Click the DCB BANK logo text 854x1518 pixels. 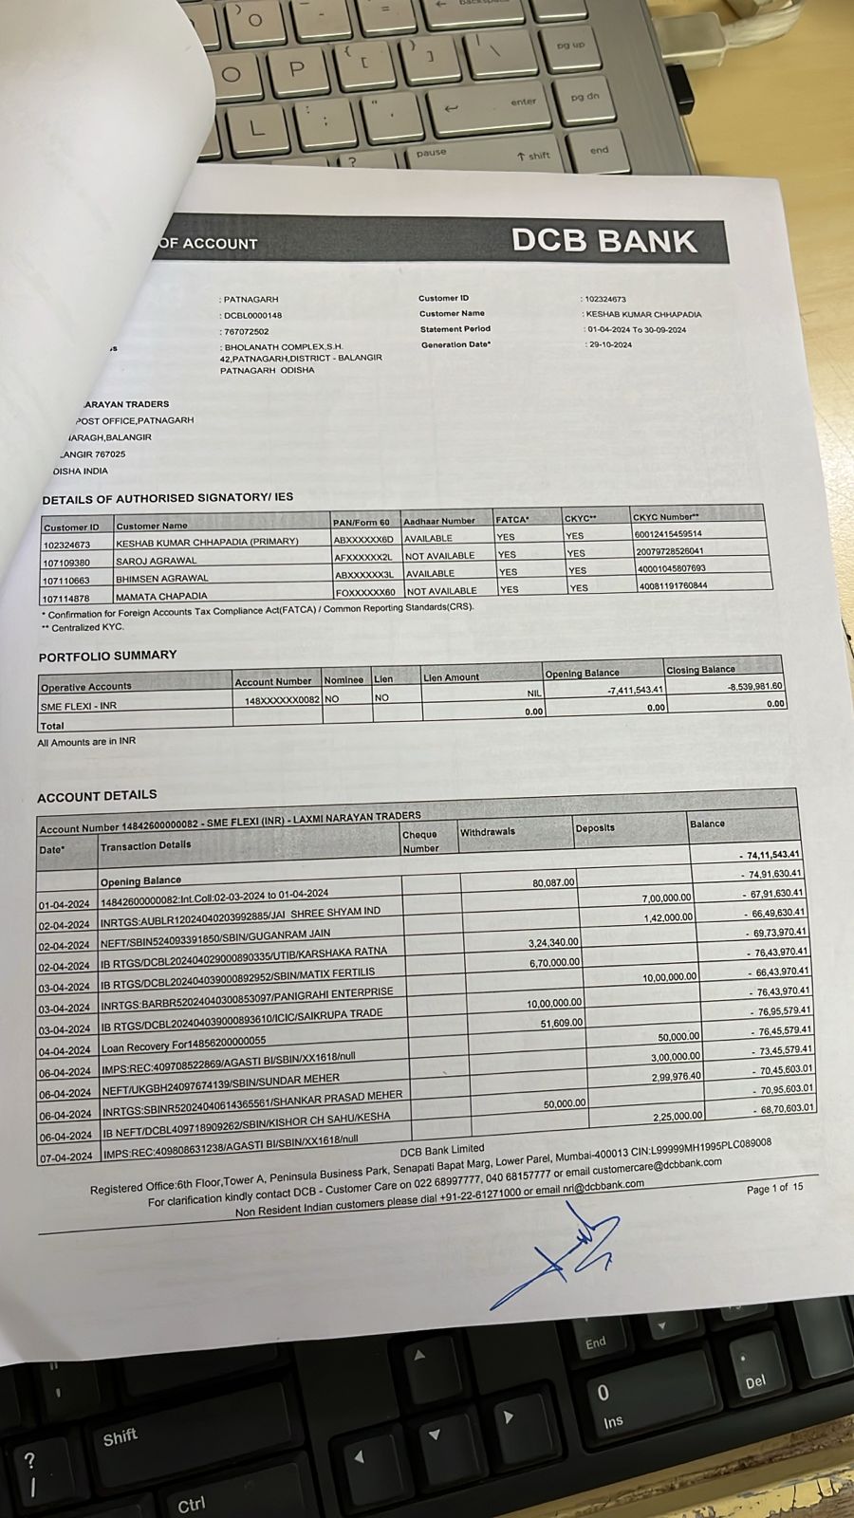[604, 241]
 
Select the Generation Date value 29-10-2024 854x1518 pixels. [609, 344]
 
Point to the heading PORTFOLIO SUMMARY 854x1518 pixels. [107, 656]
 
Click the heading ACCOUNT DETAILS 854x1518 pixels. [97, 796]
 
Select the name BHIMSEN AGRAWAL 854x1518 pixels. [161, 578]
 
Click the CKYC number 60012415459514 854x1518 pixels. [669, 534]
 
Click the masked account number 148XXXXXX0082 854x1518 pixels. [282, 700]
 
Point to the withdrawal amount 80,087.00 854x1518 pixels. [553, 882]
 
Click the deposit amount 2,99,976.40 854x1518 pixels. [677, 1076]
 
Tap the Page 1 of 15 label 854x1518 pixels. [774, 1188]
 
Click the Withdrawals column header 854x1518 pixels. [488, 832]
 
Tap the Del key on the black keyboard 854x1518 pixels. [754, 1381]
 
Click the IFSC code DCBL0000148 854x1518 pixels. [252, 315]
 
